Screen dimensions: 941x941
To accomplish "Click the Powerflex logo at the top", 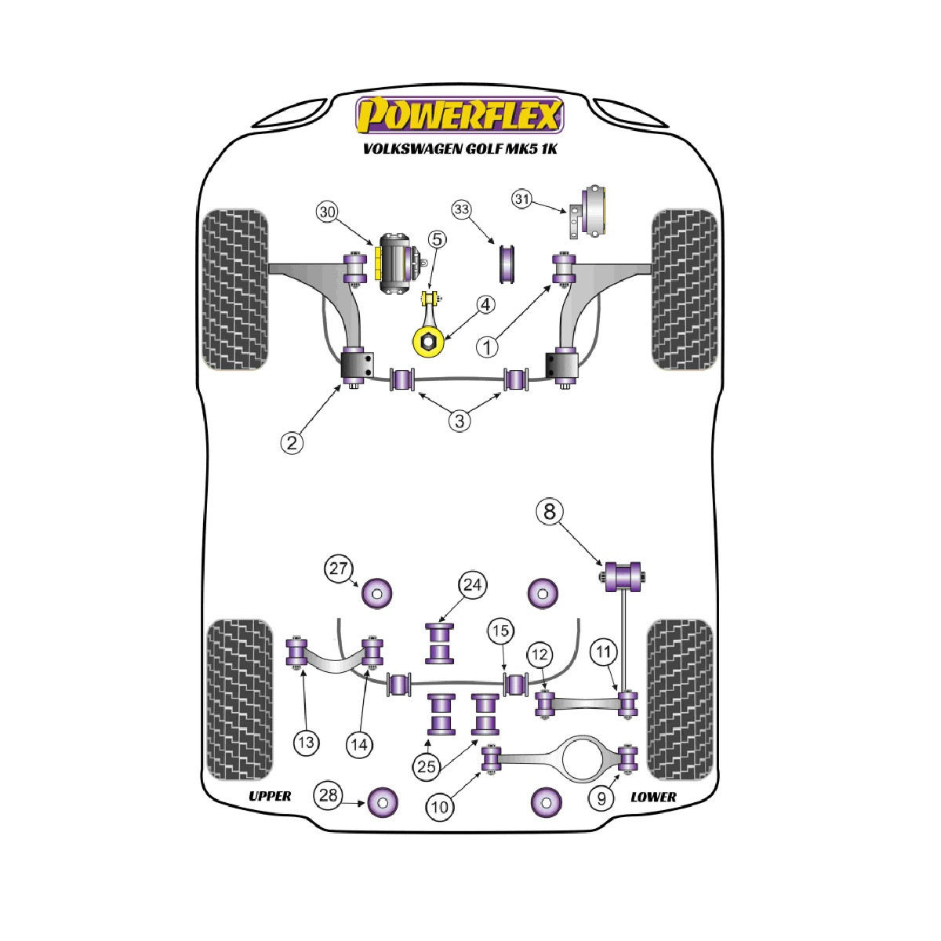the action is coord(460,115).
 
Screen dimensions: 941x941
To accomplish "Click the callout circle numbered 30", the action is coord(328,213).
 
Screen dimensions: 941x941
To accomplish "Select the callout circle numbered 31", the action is coord(522,199).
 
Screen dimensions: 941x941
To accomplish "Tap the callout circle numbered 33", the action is coord(461,210).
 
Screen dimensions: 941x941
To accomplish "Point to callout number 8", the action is coord(550,512).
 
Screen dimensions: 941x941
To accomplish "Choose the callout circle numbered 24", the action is coord(472,585).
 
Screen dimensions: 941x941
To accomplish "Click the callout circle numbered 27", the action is coord(339,569).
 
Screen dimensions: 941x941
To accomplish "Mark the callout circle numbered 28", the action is coord(328,795).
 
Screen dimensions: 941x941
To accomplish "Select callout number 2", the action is coord(292,443).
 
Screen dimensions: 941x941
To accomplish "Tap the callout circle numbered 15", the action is coord(500,631).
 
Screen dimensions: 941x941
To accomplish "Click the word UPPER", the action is coord(270,797).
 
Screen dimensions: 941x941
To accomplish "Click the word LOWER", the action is coord(653,797).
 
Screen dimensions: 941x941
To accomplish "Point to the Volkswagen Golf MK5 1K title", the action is coord(460,148).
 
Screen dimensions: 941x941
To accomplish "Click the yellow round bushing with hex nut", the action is coord(428,343).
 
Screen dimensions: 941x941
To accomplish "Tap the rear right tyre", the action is coord(679,700).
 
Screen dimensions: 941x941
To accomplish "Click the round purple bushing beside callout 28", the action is coord(383,802).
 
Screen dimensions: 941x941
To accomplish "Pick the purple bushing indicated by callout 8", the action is coord(623,577).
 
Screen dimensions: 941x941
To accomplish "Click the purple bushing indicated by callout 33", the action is coord(507,263).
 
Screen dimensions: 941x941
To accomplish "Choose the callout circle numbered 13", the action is coord(306,743).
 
